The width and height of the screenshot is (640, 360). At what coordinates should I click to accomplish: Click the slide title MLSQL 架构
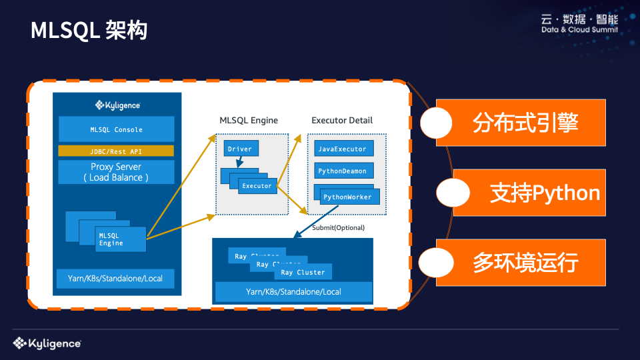tap(89, 30)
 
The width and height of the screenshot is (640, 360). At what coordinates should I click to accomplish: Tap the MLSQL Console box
tap(116, 129)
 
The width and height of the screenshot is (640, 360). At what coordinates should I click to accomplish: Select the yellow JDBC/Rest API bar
tap(116, 151)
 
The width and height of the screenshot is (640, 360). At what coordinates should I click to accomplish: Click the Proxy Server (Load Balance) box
tap(116, 172)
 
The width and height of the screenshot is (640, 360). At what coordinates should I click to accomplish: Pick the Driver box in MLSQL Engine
tap(241, 149)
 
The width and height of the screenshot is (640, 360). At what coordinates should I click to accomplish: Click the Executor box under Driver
tap(257, 186)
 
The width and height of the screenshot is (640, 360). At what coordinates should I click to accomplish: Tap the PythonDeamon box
tap(342, 171)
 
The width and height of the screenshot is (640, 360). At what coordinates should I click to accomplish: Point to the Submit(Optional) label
tap(338, 228)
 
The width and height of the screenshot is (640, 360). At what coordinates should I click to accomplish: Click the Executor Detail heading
tap(342, 121)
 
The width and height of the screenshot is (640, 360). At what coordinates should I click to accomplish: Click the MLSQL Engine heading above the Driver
tap(249, 121)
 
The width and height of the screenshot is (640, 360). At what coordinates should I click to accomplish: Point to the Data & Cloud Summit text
tap(579, 30)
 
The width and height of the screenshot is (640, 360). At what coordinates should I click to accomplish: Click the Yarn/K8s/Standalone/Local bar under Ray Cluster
tap(293, 292)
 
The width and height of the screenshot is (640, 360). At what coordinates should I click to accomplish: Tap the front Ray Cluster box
tap(303, 272)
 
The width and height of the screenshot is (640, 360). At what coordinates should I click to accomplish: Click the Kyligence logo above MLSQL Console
tap(117, 105)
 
